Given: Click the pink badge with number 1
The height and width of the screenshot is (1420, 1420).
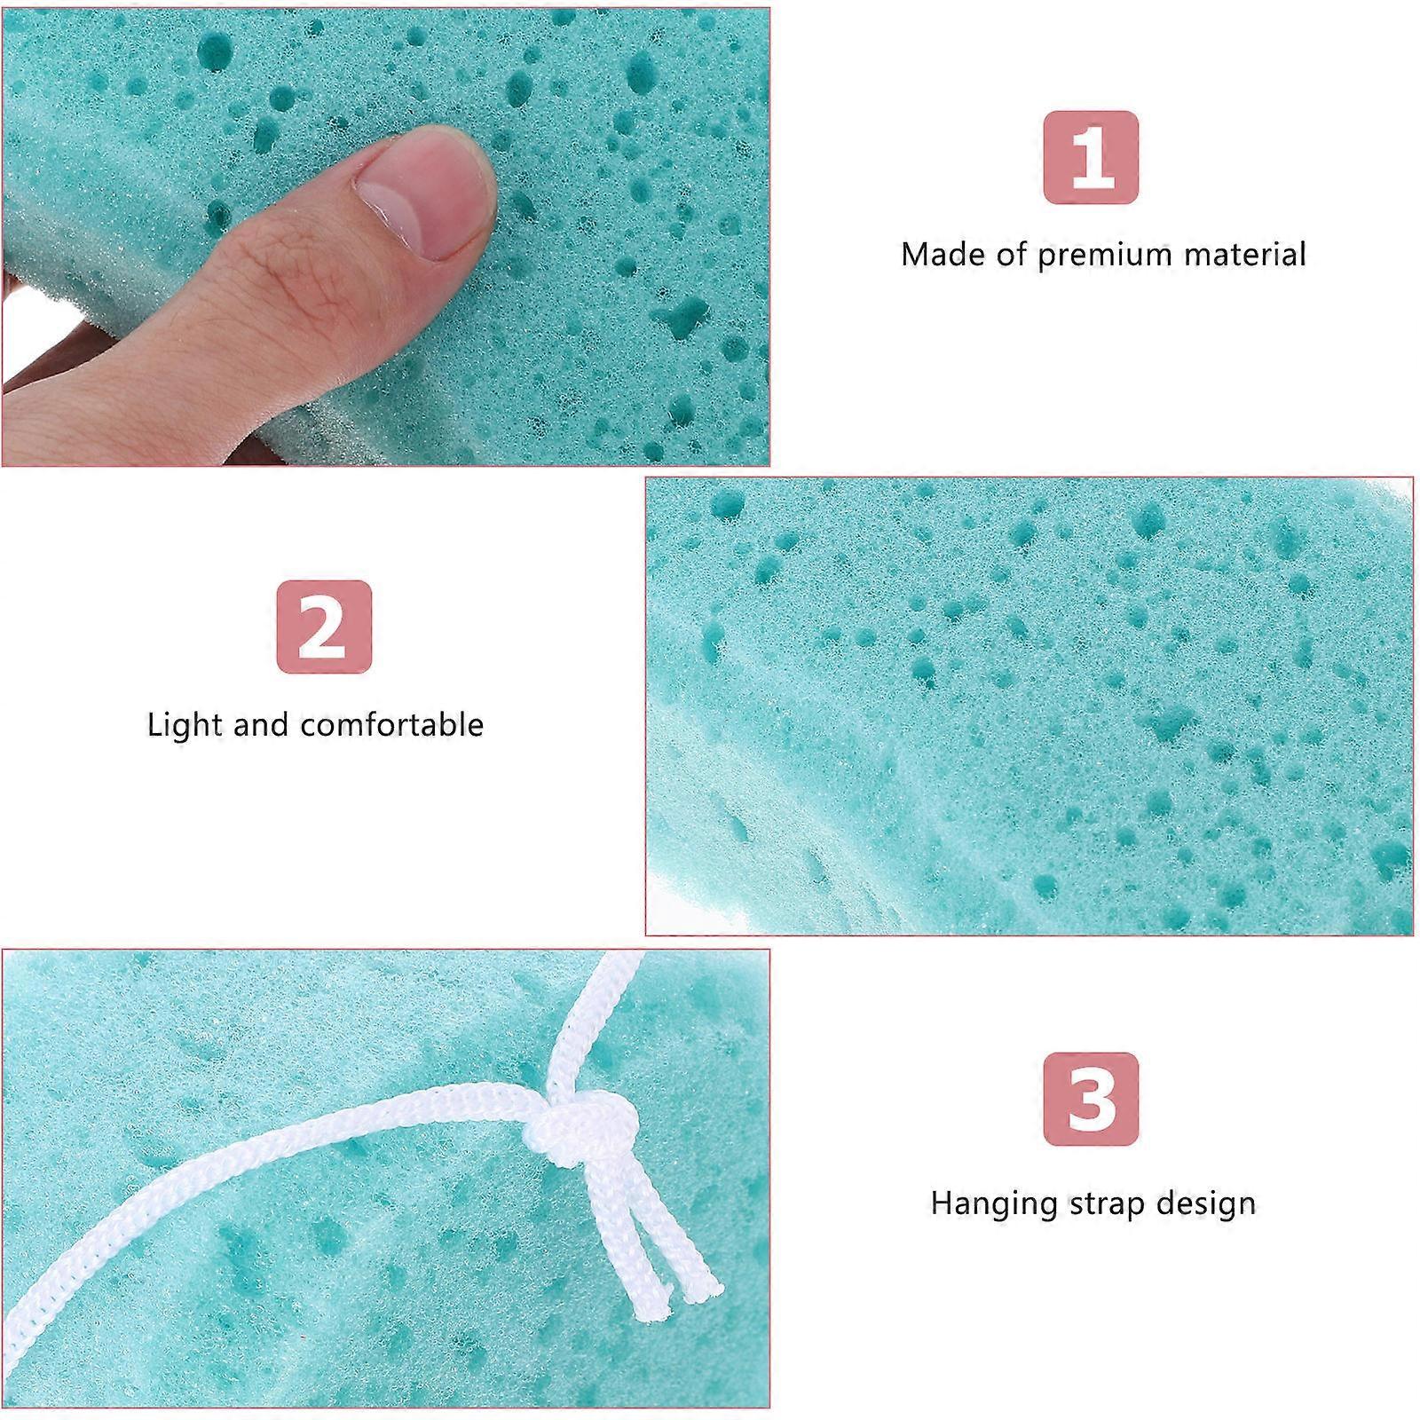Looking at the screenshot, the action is (x=1091, y=158).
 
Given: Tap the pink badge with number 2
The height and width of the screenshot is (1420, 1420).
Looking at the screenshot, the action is (x=324, y=627).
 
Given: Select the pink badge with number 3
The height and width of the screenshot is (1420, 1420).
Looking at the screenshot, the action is (x=1091, y=1099).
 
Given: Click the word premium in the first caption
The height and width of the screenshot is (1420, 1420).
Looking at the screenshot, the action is (x=1105, y=256).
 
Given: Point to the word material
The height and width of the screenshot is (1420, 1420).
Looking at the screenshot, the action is (x=1245, y=255).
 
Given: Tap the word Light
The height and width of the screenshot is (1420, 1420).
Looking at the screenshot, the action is (x=185, y=725).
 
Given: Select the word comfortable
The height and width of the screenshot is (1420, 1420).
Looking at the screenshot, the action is (x=392, y=724).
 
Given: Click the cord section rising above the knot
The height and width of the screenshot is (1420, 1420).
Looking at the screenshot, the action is (x=577, y=1029).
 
